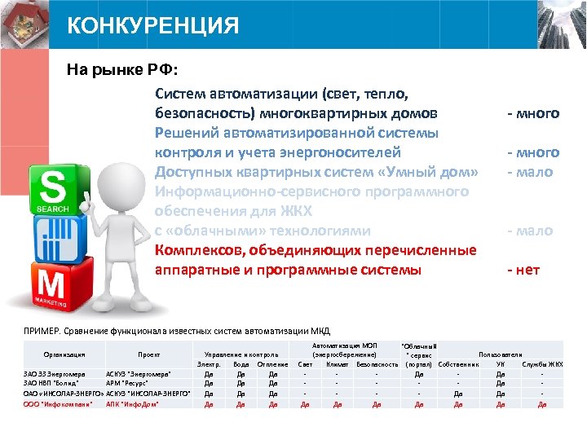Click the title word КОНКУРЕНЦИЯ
click(x=153, y=26)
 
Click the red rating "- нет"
click(x=523, y=270)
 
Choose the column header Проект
click(x=148, y=355)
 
